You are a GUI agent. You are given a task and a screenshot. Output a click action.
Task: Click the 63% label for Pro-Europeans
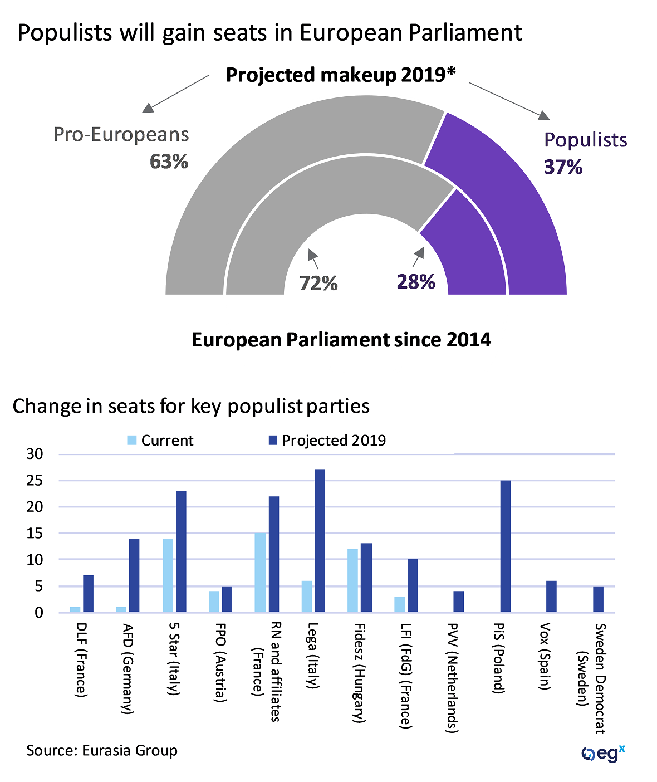pyautogui.click(x=169, y=162)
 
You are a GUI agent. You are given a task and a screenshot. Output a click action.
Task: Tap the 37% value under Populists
pyautogui.click(x=563, y=167)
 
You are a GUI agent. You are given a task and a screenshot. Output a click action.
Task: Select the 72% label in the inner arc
pyautogui.click(x=318, y=284)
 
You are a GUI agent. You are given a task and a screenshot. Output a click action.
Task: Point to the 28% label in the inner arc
pyautogui.click(x=415, y=282)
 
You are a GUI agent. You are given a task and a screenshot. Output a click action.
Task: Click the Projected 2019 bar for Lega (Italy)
pyautogui.click(x=320, y=540)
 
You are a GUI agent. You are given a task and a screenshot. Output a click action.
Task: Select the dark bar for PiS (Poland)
pyautogui.click(x=506, y=546)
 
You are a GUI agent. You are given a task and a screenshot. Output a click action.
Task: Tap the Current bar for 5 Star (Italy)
pyautogui.click(x=168, y=575)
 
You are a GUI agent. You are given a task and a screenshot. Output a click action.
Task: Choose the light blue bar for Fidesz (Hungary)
pyautogui.click(x=352, y=580)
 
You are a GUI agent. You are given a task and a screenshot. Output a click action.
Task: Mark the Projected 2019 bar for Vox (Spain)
pyautogui.click(x=551, y=597)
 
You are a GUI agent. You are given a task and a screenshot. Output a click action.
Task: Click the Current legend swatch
pyautogui.click(x=132, y=441)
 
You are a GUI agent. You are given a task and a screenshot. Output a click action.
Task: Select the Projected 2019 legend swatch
pyautogui.click(x=273, y=441)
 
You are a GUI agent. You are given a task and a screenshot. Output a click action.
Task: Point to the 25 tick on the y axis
pyautogui.click(x=35, y=481)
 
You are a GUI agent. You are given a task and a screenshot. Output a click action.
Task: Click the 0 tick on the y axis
pyautogui.click(x=38, y=613)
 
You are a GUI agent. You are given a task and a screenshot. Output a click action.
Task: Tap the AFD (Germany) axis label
pyautogui.click(x=128, y=668)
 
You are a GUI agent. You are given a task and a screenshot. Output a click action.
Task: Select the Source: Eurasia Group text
pyautogui.click(x=102, y=751)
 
